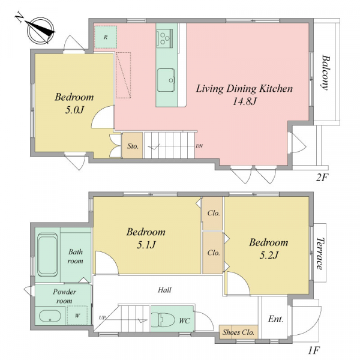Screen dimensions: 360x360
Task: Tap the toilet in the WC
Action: [162, 319]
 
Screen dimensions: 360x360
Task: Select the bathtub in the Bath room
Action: [47, 255]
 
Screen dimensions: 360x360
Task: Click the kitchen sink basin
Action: [166, 80]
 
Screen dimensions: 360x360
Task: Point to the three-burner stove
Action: [164, 38]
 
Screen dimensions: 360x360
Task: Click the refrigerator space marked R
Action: [106, 37]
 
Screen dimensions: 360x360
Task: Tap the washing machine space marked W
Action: [77, 316]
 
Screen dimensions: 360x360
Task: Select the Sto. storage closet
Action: [132, 145]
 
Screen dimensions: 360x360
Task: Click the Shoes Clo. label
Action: [238, 332]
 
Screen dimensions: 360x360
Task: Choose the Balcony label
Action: [325, 73]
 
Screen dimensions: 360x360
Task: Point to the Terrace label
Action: [320, 253]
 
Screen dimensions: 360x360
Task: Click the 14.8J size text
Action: [244, 101]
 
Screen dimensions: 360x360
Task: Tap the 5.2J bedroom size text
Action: [269, 255]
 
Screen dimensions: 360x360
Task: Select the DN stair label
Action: [199, 146]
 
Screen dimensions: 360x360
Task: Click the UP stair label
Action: [103, 318]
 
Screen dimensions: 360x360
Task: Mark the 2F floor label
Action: [322, 177]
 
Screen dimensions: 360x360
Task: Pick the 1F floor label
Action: [314, 350]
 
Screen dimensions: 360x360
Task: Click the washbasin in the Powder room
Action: [50, 316]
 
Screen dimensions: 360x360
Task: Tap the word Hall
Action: [164, 290]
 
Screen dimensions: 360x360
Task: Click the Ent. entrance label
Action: [276, 319]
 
